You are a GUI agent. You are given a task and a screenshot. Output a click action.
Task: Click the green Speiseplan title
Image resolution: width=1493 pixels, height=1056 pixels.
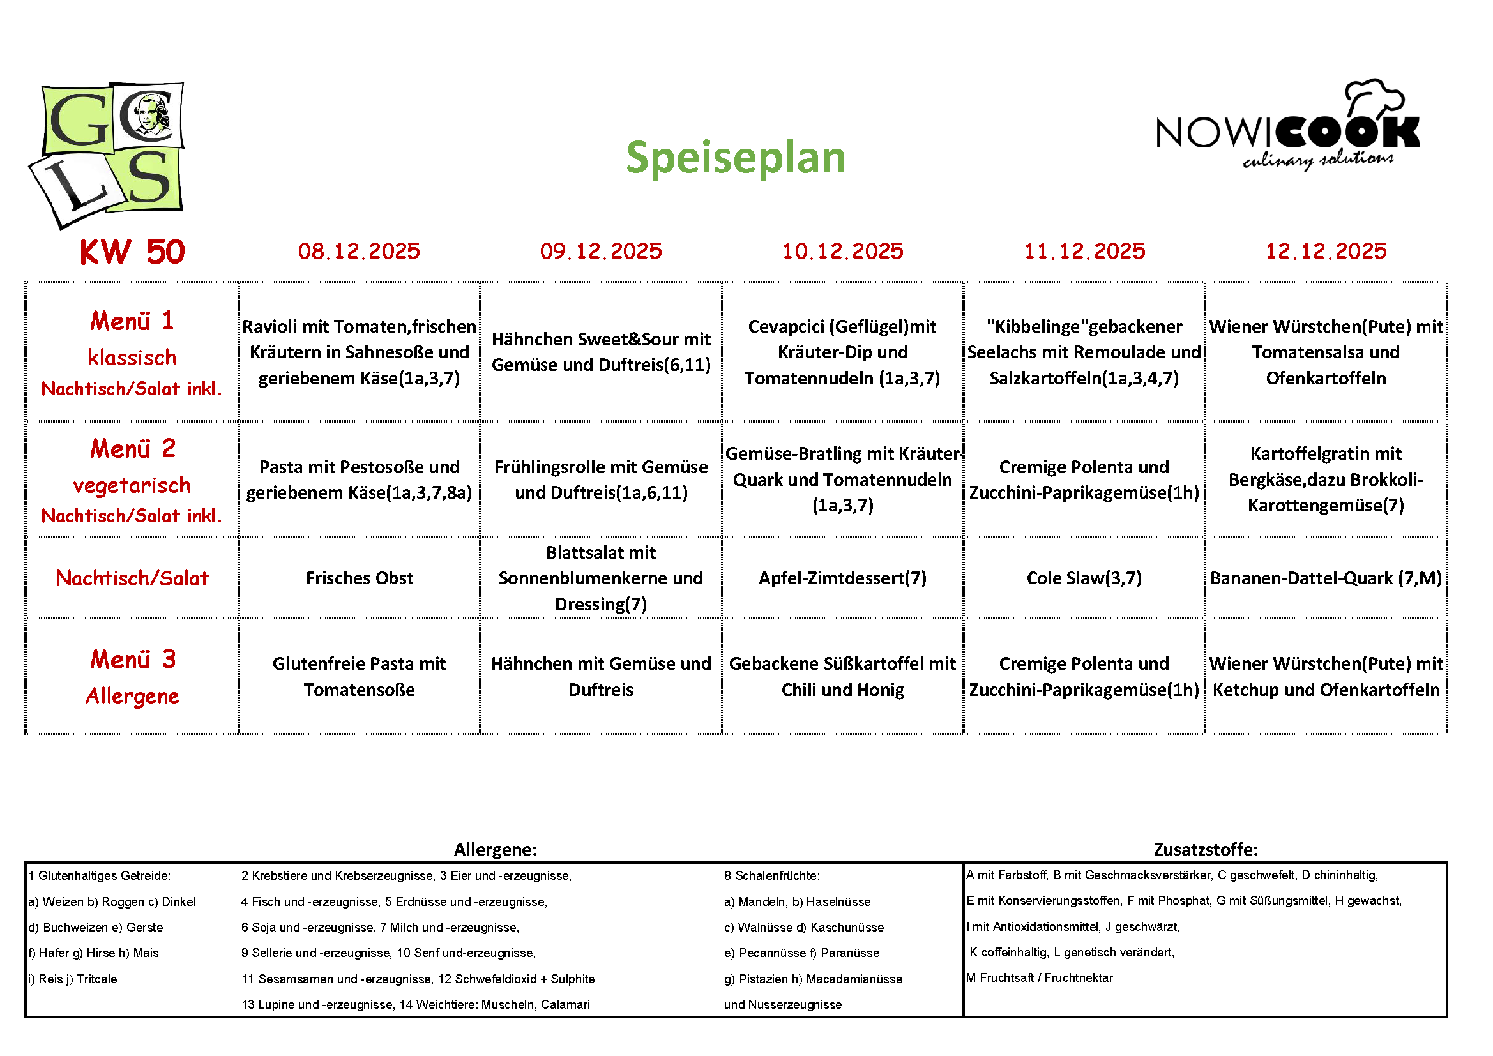coord(735,158)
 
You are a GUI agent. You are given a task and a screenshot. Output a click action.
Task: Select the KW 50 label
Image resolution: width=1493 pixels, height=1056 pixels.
coord(132,252)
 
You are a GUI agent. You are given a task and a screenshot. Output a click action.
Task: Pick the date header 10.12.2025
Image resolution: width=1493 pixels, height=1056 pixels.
coord(842,251)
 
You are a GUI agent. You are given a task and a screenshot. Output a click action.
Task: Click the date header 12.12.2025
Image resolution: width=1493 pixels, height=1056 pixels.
coord(1325,251)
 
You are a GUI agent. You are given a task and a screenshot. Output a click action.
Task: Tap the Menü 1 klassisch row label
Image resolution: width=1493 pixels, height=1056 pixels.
coord(132,352)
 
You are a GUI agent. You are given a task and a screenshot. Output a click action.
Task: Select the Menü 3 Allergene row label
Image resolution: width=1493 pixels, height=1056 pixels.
coord(132,676)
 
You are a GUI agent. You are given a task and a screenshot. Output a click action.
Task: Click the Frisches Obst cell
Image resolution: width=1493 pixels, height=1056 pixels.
coord(359,578)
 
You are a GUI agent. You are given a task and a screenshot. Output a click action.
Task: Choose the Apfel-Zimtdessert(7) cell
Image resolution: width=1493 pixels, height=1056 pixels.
coord(842,578)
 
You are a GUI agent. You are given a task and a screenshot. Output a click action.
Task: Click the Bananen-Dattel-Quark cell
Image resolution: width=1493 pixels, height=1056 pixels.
coord(1325,578)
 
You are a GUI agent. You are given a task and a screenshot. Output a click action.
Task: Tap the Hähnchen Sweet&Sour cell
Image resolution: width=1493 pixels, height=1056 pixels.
coord(601,352)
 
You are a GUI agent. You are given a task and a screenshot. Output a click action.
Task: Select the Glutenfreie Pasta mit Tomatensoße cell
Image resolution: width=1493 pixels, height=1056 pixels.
coord(359,676)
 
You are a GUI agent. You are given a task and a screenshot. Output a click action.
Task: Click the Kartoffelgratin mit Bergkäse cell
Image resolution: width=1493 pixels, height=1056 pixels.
coord(1325,479)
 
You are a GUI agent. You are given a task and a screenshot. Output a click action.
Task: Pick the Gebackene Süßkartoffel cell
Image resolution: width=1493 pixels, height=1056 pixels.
coord(842,676)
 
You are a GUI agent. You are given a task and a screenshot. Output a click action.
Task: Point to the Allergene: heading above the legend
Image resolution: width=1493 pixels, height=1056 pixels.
coord(495,849)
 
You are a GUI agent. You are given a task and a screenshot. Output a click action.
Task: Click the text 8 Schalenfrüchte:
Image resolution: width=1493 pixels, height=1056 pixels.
coord(772,876)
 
